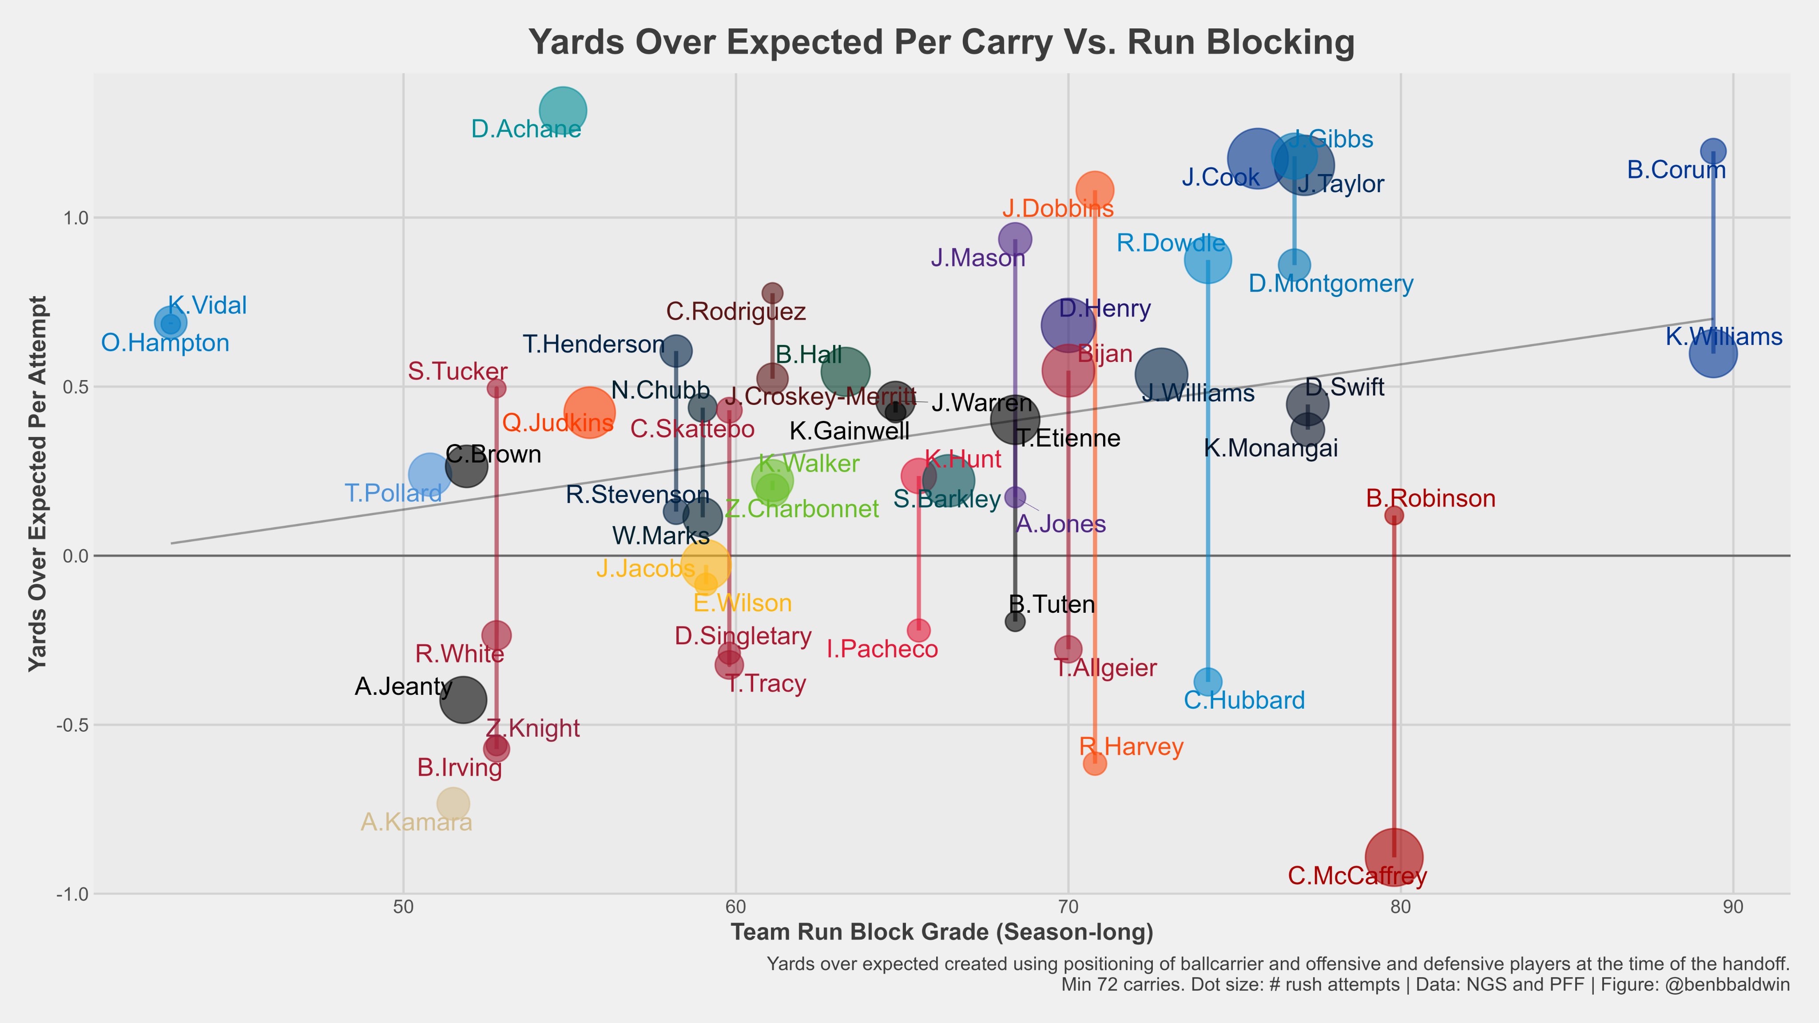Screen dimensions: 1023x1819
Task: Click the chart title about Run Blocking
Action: pos(941,42)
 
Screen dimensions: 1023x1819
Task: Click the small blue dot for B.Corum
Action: pos(1713,151)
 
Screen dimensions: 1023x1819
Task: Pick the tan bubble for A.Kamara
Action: pos(453,803)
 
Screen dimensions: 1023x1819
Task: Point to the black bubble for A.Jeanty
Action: pos(463,700)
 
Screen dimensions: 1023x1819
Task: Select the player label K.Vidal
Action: pos(207,305)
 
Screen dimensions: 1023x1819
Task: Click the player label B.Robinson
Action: pos(1430,499)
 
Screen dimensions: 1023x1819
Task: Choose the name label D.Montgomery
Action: pos(1331,284)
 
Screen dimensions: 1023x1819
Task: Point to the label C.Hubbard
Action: pos(1244,700)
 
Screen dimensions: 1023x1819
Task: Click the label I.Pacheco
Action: pos(882,649)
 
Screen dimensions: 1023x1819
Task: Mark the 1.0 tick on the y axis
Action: pos(75,218)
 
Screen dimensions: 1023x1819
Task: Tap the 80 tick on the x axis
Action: pos(1401,907)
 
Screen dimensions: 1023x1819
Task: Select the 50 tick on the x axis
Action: pos(403,907)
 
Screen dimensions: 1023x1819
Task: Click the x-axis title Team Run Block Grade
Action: pos(941,932)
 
